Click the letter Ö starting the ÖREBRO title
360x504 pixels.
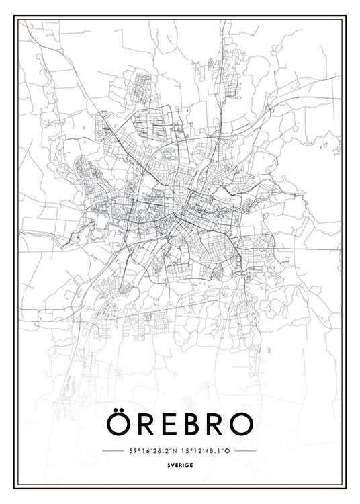point(119,424)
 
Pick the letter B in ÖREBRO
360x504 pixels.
point(191,424)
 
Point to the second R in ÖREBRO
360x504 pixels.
point(216,424)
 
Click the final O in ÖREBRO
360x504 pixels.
point(241,424)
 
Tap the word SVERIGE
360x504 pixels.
point(180,464)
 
